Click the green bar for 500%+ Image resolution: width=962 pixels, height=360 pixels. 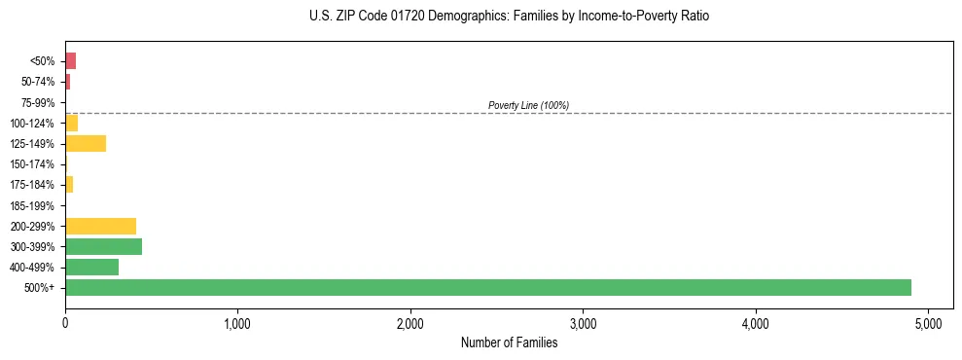[x=487, y=287]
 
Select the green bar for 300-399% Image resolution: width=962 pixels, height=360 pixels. [x=103, y=246]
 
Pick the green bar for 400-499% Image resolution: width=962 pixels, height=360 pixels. [x=91, y=267]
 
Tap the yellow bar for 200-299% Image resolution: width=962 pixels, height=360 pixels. [x=100, y=226]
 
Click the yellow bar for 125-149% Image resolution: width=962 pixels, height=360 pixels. [x=86, y=143]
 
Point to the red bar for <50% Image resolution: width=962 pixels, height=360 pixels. [x=70, y=61]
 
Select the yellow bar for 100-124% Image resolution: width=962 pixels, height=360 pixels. [x=71, y=123]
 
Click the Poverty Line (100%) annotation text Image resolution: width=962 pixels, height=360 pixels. [x=528, y=105]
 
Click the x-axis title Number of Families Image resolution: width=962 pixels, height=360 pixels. [x=509, y=342]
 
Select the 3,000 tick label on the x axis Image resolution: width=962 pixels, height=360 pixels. [x=583, y=322]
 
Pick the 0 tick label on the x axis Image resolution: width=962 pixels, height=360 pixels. [x=65, y=322]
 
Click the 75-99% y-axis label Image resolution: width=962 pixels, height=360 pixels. [x=39, y=102]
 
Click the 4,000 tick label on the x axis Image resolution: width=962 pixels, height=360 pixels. [x=756, y=322]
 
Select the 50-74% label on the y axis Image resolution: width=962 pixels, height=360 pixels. [x=39, y=82]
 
